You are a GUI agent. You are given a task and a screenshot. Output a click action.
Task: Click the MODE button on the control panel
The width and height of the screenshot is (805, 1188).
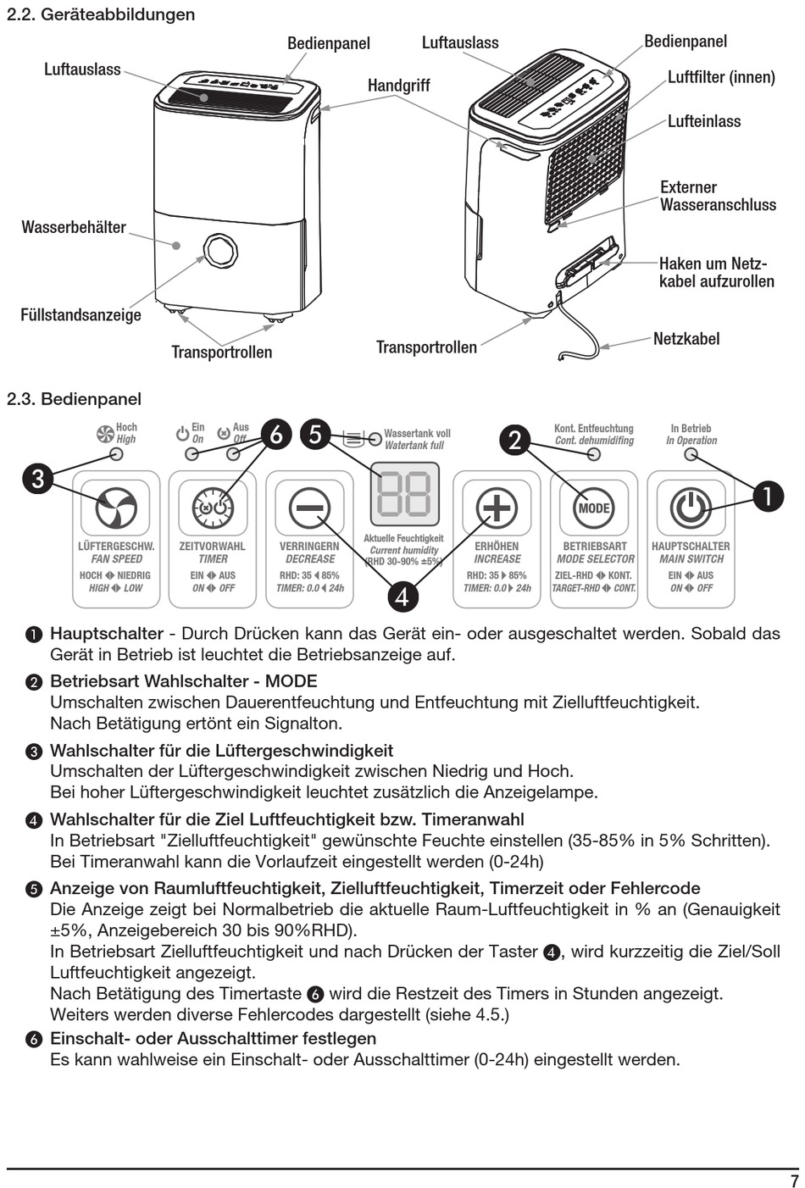[x=594, y=508]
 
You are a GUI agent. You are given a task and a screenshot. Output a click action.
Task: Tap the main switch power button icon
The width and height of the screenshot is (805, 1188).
[x=691, y=508]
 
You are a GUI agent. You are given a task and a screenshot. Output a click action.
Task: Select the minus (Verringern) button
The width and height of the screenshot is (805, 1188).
[x=310, y=508]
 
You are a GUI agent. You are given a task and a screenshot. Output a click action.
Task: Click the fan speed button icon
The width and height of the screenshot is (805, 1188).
[x=116, y=508]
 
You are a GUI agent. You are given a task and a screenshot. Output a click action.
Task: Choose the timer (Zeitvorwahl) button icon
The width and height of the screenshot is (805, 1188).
[x=213, y=508]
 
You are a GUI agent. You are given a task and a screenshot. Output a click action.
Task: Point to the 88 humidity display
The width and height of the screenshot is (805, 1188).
[x=404, y=494]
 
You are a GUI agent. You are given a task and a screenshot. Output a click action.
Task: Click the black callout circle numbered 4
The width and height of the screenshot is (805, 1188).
[x=402, y=596]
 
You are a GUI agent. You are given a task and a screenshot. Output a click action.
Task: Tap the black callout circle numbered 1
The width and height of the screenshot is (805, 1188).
[x=768, y=496]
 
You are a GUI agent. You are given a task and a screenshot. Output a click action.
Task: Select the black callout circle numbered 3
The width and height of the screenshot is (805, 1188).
[x=38, y=479]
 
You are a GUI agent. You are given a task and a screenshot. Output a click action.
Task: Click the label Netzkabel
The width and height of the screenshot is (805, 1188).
[x=686, y=339]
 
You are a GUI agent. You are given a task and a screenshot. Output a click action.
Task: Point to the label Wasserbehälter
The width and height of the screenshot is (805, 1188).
[x=74, y=227]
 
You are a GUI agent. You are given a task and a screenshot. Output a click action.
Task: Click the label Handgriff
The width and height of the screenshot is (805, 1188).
[x=398, y=86]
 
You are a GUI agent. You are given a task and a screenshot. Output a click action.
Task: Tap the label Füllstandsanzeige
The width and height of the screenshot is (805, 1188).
[x=80, y=315]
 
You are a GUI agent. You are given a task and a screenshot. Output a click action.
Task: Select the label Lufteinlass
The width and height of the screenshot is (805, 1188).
[x=703, y=121]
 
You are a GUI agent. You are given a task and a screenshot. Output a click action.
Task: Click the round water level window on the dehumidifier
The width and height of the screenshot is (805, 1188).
[x=220, y=251]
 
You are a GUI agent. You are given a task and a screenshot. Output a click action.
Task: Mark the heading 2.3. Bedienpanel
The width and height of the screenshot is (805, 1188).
[x=74, y=399]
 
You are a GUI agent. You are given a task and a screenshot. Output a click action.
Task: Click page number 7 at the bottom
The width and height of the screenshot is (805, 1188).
[x=794, y=1180]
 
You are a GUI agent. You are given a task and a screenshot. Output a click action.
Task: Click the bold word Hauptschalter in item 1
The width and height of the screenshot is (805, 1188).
[x=107, y=634]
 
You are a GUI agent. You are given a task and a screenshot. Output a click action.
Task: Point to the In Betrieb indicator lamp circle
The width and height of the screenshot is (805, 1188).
[x=691, y=454]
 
